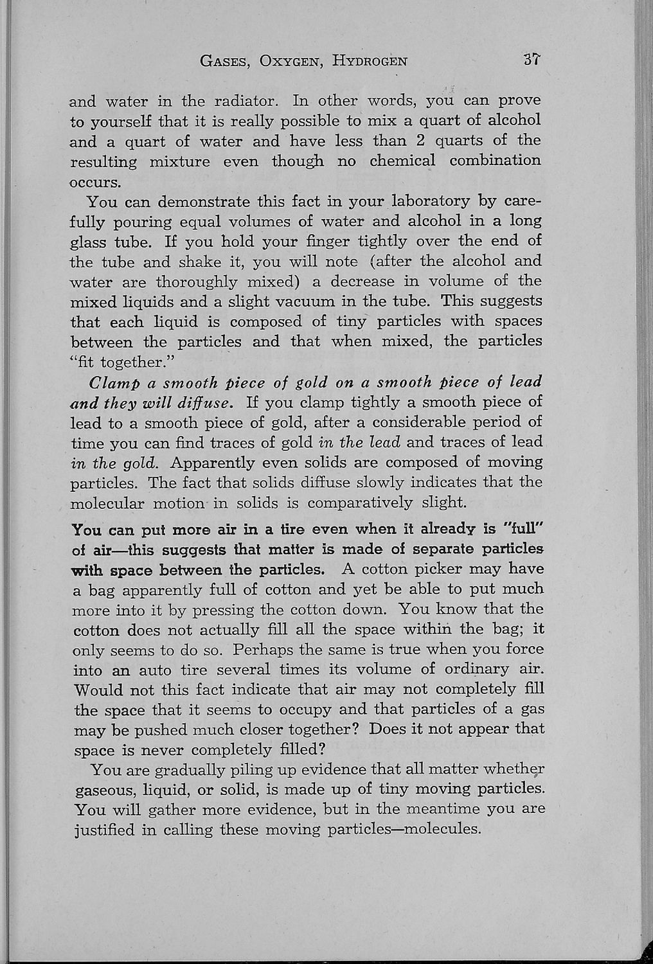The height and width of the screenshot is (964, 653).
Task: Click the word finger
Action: point(335,242)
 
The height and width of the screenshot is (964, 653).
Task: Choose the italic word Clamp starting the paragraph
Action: point(113,382)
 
